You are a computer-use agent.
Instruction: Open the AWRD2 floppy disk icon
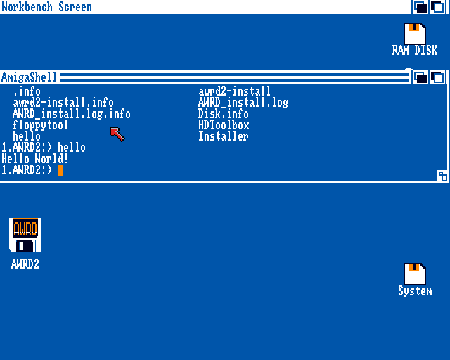(25, 235)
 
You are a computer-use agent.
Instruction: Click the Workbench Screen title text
(46, 7)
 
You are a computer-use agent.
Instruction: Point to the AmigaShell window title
(29, 77)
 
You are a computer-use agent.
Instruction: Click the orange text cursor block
(60, 169)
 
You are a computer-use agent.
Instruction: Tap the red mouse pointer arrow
(116, 133)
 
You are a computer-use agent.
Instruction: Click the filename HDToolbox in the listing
(224, 125)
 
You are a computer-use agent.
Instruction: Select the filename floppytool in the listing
(41, 125)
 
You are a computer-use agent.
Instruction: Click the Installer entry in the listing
(224, 136)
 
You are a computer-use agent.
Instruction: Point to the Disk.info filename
(224, 114)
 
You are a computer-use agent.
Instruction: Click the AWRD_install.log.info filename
(72, 114)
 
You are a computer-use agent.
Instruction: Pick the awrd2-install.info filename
(63, 103)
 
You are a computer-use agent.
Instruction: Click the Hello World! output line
(35, 159)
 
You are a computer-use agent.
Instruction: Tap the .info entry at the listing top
(27, 91)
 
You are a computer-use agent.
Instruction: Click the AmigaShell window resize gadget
(442, 176)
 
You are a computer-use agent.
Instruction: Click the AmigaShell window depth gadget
(437, 77)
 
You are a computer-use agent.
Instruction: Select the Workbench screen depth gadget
(437, 7)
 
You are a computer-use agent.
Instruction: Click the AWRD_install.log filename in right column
(243, 103)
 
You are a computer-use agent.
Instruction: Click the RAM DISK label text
(414, 51)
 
